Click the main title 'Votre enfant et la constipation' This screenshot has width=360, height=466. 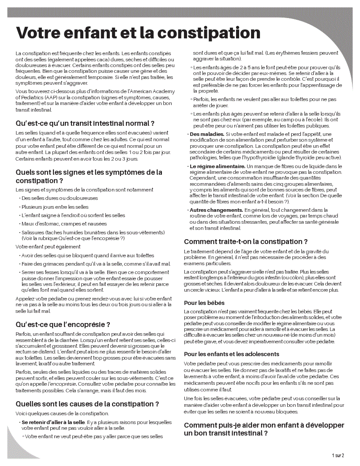tap(138, 33)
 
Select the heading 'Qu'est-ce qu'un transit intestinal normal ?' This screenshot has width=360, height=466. tap(85, 123)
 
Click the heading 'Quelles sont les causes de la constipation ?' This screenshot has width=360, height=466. tap(87, 404)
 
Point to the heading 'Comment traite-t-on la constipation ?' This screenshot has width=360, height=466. tap(246, 241)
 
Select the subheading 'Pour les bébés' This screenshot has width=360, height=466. tap(204, 303)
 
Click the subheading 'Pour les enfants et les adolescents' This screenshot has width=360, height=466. tap(232, 354)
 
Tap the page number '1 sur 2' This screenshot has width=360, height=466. tap(337, 455)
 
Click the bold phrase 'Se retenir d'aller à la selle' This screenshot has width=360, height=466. tap(53, 422)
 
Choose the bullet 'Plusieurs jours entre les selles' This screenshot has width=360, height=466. tap(55, 207)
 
